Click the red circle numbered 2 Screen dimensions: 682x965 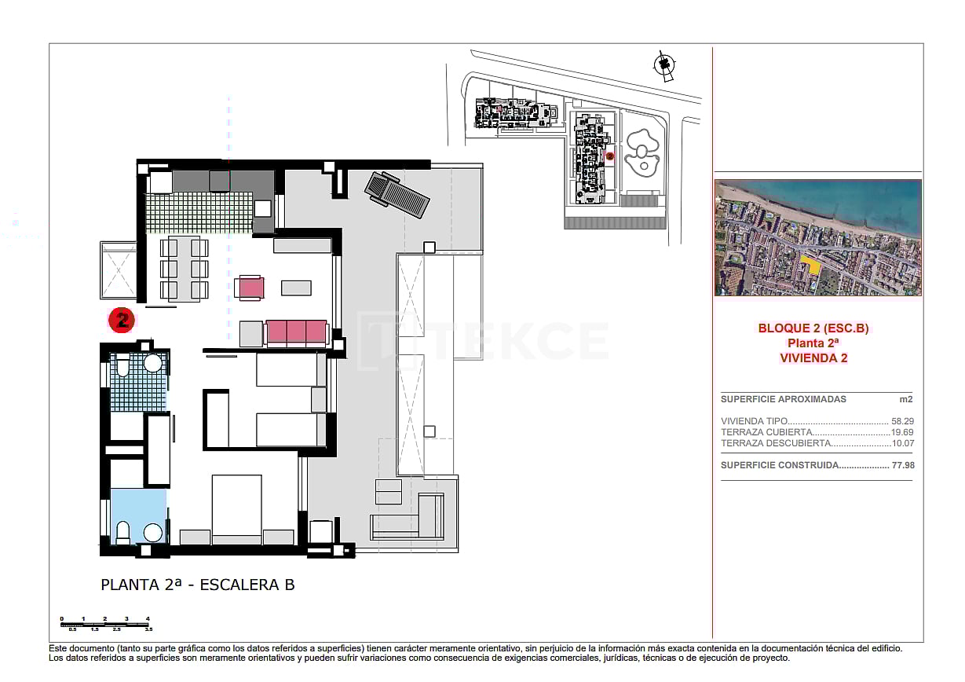122,319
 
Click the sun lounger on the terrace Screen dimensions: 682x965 397,196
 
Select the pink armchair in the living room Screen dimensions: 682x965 250,288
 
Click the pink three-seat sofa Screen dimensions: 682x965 296,332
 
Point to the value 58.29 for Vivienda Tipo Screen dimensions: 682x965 903,421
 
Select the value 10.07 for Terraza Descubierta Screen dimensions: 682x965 903,443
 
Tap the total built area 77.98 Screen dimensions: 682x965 903,465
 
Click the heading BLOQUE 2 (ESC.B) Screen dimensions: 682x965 813,328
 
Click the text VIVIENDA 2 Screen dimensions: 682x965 813,357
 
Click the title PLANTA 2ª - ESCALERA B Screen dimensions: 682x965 198,585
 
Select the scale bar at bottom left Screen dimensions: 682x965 104,624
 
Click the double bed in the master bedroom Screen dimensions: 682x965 236,508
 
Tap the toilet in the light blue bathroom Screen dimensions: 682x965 122,532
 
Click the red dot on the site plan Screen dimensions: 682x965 609,156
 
